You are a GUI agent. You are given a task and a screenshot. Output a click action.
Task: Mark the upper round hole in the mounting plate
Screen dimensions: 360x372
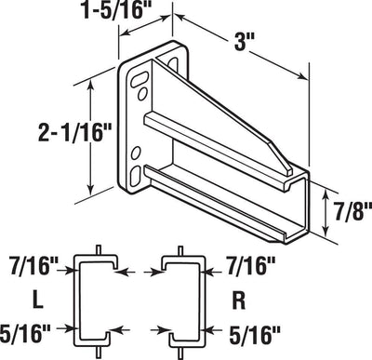tap(139, 93)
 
